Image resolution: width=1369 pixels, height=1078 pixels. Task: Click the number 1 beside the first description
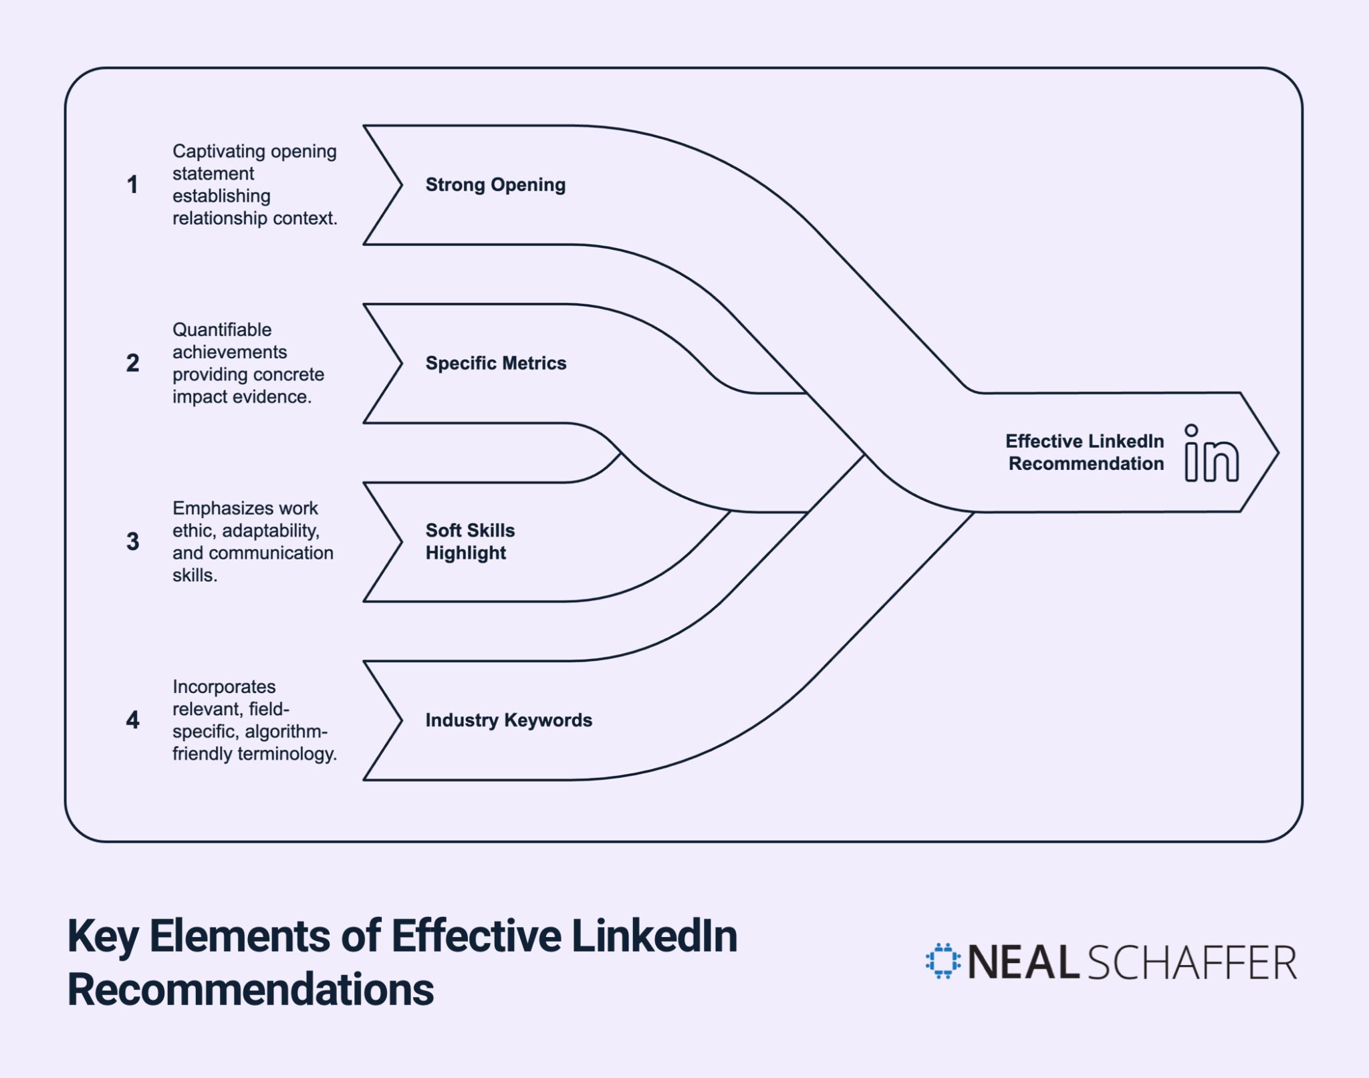132,184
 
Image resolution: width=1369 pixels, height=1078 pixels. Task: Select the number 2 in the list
132,363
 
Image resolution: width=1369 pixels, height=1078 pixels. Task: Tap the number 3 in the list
132,541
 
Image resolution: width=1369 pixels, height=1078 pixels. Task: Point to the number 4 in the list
132,720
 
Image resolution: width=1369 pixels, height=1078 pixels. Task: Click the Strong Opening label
495,184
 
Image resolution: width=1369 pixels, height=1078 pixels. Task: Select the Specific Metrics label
495,363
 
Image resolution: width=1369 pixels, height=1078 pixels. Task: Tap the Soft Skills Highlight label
470,541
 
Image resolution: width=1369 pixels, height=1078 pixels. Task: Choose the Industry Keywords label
509,720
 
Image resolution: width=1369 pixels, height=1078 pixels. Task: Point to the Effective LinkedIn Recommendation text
1085,452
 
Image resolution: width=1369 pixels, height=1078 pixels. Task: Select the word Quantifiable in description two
222,329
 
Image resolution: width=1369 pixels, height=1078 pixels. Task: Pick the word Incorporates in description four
224,686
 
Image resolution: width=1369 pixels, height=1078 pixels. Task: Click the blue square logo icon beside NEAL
943,961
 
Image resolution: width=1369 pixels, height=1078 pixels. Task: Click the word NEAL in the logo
1023,962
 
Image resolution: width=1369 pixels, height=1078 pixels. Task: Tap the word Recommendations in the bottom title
251,989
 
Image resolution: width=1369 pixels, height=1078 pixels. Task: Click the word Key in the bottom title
102,937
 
